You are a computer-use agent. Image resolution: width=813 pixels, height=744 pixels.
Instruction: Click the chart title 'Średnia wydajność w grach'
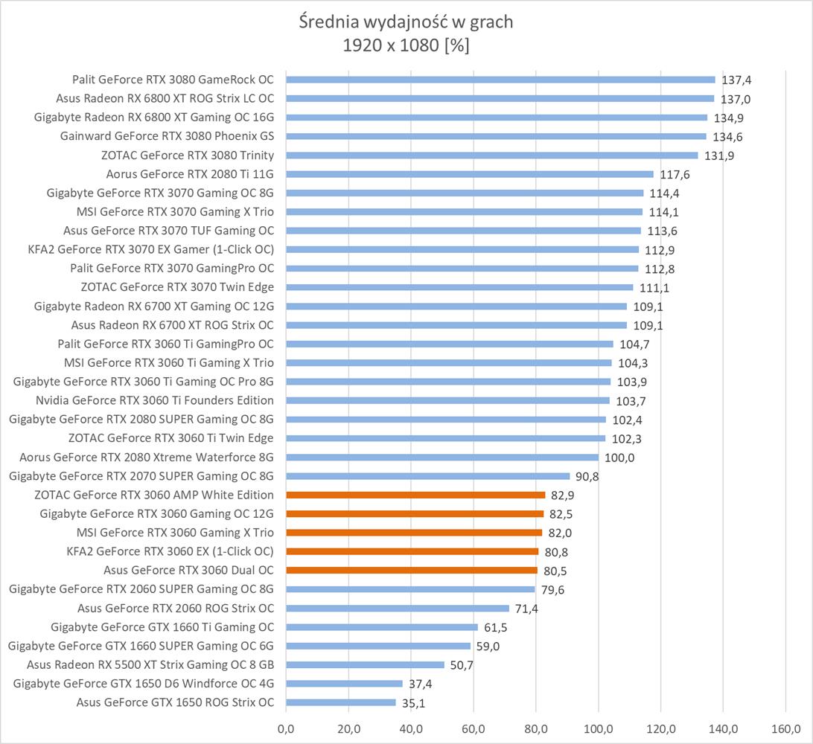point(406,22)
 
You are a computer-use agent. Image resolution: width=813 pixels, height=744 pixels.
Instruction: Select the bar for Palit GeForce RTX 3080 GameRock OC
point(500,80)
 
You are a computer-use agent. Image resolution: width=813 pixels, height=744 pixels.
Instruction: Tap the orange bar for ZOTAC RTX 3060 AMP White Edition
point(415,495)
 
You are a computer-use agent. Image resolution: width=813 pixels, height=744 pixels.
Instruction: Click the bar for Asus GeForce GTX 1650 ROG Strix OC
point(341,702)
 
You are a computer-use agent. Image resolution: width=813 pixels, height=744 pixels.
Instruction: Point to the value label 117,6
point(675,174)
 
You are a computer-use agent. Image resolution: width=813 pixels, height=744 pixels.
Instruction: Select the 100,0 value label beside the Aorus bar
point(619,458)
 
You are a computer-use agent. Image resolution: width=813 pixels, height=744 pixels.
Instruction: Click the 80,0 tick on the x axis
point(536,728)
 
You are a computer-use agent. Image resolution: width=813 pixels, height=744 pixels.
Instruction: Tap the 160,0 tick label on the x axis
point(786,728)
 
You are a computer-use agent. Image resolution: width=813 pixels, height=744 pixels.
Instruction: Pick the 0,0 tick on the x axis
point(286,728)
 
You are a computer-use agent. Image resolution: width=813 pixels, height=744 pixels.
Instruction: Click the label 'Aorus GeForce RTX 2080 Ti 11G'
point(190,174)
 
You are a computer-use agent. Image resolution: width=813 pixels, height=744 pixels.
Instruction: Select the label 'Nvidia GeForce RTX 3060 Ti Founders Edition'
point(154,400)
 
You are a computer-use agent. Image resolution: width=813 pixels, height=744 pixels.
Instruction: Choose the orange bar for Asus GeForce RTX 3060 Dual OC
point(412,571)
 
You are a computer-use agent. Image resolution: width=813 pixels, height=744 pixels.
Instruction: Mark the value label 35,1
point(413,703)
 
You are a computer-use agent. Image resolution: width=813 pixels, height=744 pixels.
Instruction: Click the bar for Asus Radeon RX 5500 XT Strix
point(365,664)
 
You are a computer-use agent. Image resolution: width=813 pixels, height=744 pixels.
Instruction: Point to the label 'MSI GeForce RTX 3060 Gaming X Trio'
point(175,533)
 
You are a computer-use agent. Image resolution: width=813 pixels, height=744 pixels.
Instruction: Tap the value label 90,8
point(587,477)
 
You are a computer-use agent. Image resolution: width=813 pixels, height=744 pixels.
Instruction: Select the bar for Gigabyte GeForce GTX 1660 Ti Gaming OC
point(382,627)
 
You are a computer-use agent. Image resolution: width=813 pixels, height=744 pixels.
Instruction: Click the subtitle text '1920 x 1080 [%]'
point(406,45)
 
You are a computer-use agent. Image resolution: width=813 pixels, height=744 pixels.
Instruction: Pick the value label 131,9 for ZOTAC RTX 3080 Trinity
point(719,155)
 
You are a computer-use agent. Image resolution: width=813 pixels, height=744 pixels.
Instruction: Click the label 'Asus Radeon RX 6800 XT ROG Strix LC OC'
point(165,98)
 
